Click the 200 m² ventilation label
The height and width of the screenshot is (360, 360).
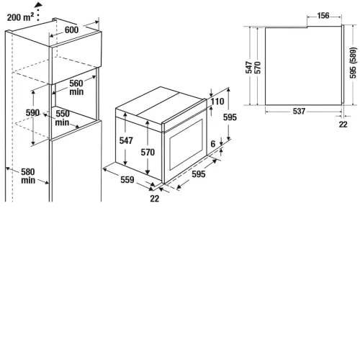tap(20, 17)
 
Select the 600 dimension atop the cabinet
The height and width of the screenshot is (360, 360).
tap(71, 30)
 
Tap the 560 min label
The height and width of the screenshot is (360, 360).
tap(76, 88)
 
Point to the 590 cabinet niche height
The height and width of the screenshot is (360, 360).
tap(32, 112)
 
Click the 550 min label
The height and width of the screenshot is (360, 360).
tap(63, 118)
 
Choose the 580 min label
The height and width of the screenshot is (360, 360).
tap(28, 176)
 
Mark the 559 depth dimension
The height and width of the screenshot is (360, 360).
tap(127, 179)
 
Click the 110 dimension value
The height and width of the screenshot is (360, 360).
tap(217, 102)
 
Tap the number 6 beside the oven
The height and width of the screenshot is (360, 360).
tap(213, 144)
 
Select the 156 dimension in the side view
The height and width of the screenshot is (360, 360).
tap(323, 16)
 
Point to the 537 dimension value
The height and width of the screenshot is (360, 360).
tap(299, 111)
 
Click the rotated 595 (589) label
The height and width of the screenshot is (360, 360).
tap(353, 63)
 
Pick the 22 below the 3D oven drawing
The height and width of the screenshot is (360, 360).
tap(154, 199)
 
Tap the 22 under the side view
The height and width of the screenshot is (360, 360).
tap(343, 125)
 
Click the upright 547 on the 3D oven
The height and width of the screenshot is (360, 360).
tap(126, 140)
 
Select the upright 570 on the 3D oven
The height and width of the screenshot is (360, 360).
tap(148, 152)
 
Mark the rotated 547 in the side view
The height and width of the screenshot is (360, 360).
tap(249, 67)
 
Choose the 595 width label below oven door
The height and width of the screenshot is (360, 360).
tap(199, 174)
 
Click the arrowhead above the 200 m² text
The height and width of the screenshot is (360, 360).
tap(39, 4)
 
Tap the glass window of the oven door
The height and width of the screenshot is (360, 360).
tap(186, 145)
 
